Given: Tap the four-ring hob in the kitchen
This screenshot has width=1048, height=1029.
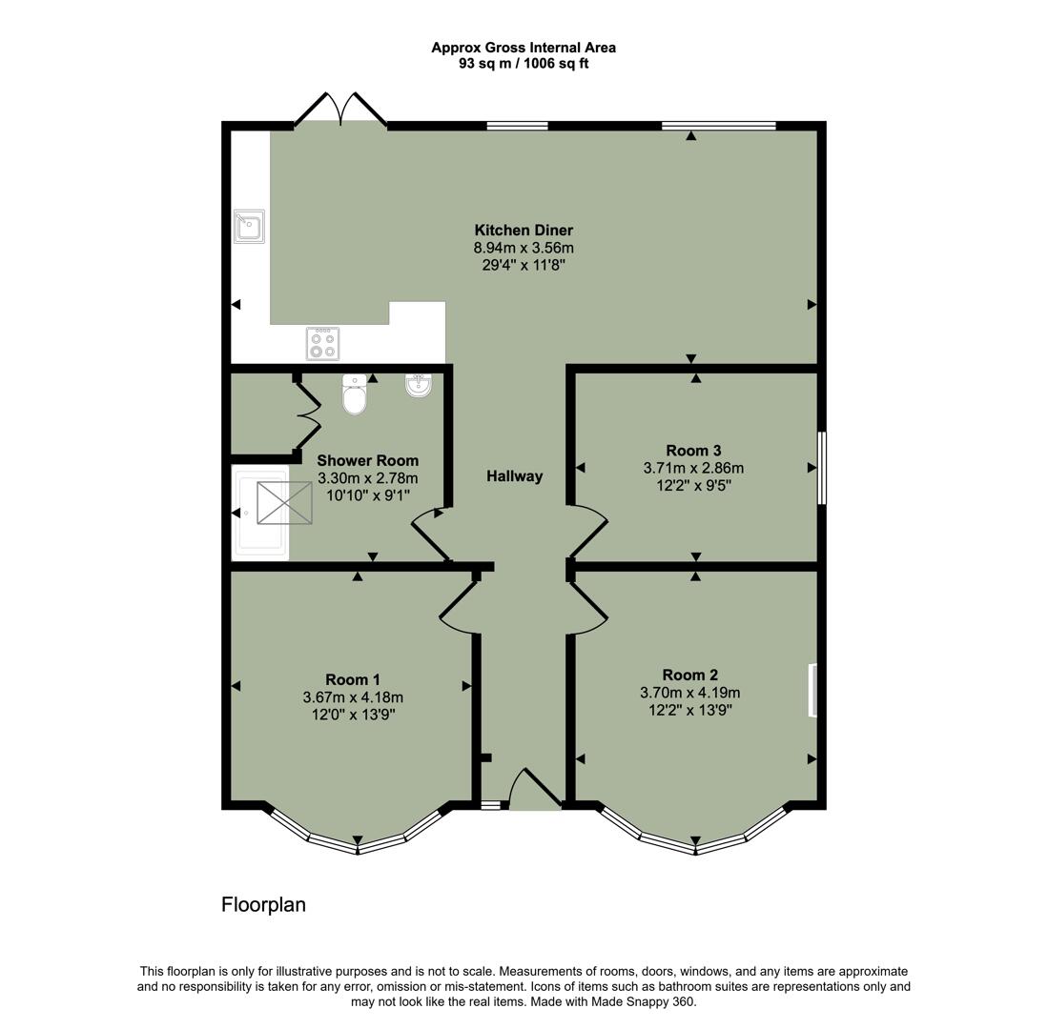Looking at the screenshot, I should [x=322, y=343].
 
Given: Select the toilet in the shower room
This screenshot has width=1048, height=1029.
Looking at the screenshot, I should [x=354, y=395].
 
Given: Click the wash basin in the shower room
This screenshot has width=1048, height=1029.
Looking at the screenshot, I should [x=419, y=386].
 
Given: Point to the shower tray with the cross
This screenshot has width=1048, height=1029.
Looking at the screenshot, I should [x=284, y=502].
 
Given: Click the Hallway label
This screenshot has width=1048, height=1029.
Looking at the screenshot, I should [x=514, y=476].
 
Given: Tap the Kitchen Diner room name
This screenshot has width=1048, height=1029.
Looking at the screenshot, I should [x=524, y=230].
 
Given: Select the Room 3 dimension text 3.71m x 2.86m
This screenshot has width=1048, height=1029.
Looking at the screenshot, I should [x=693, y=468].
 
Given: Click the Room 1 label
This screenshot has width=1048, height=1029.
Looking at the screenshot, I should [x=353, y=679].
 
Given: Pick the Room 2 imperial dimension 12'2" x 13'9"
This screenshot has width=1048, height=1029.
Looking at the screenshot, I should [x=689, y=710].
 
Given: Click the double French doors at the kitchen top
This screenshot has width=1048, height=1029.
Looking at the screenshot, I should [x=340, y=109].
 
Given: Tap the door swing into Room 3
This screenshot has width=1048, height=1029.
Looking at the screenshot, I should [x=587, y=531].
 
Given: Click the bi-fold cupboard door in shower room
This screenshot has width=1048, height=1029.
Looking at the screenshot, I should [x=307, y=415].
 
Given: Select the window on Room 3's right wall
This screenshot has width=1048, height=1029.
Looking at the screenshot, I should [x=822, y=468].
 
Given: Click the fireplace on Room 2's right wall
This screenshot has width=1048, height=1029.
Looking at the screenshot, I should [x=812, y=690].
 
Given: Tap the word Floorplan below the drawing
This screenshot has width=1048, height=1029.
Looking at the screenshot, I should [x=263, y=904].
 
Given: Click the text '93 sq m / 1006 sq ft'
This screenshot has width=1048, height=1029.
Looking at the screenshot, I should [x=524, y=63].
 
